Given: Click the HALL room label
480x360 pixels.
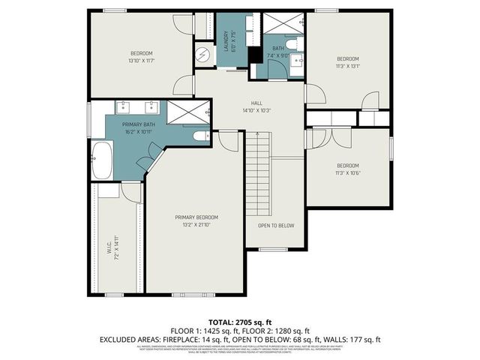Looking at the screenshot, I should click(x=256, y=103).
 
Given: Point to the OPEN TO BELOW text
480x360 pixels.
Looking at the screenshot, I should click(x=276, y=226).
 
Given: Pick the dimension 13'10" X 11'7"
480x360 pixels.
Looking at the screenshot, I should click(x=142, y=61).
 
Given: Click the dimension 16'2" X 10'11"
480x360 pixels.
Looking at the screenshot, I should click(x=139, y=132).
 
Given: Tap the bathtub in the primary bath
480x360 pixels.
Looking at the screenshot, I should click(x=101, y=160).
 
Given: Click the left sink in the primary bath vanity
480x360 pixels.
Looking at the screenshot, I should click(x=121, y=106).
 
